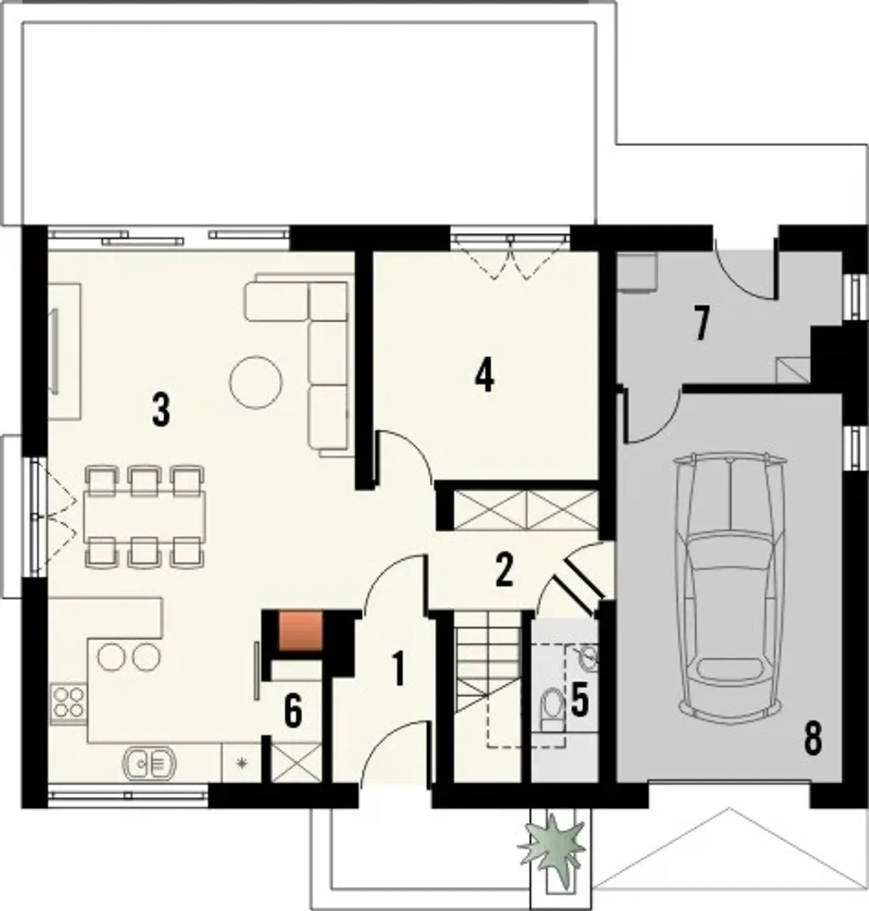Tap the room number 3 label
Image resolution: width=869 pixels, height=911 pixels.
[161, 409]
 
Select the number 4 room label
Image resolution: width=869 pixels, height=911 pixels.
[484, 376]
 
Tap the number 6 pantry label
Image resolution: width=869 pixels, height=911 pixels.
[293, 711]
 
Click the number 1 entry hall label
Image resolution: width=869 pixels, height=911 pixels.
[398, 668]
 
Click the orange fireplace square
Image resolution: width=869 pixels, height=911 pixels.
[300, 630]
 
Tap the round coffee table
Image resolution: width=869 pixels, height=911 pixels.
[255, 382]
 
